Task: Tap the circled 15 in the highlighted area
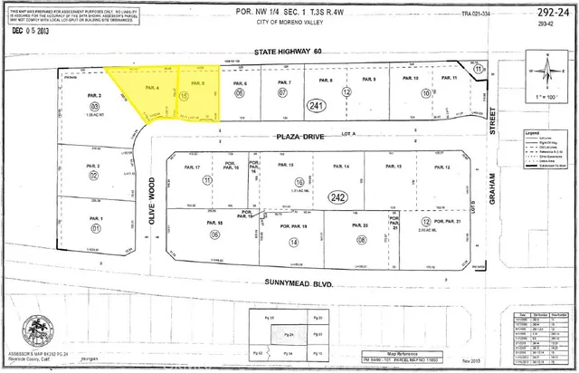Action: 185,95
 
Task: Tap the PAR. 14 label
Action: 341,167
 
